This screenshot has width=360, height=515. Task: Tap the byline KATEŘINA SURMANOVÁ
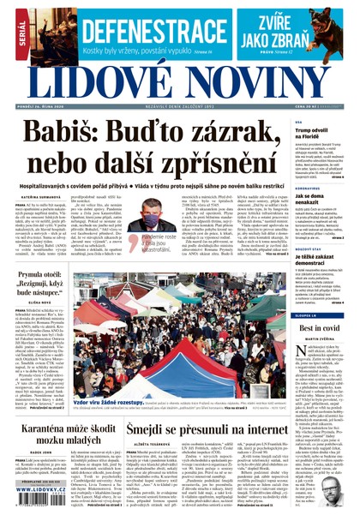[40, 197]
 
